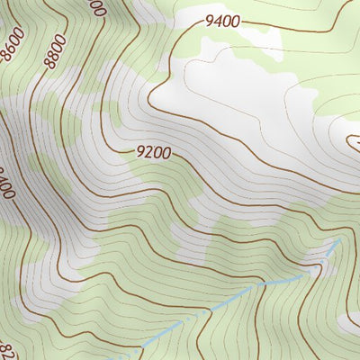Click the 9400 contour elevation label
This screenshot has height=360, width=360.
pos(222,22)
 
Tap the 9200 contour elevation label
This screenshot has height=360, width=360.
pos(154,152)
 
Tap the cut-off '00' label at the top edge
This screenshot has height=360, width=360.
pos(97,8)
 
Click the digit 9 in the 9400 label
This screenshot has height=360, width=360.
pos(210,20)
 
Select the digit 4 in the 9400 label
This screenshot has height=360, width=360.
pos(218,21)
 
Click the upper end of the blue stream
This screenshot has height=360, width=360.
pos(340,240)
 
